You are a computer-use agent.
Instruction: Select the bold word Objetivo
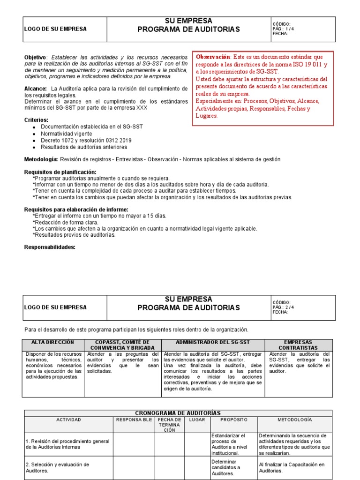pyautogui.click(x=35, y=57)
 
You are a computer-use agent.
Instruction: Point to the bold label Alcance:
pyautogui.click(x=36, y=89)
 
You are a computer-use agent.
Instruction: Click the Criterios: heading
pyautogui.click(x=36, y=120)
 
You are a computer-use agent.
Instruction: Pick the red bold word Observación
pyautogui.click(x=213, y=57)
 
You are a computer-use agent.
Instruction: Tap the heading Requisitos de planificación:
pyautogui.click(x=60, y=172)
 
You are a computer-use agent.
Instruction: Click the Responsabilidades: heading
pyautogui.click(x=50, y=247)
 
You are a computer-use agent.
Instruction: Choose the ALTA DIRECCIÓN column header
pyautogui.click(x=52, y=342)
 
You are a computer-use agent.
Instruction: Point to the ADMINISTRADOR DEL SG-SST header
pyautogui.click(x=213, y=342)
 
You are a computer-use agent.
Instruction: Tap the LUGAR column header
pyautogui.click(x=197, y=420)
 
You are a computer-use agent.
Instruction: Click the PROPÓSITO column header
pyautogui.click(x=233, y=420)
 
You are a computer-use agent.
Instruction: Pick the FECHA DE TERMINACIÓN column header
pyautogui.click(x=169, y=425)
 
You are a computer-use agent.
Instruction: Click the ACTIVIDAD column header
pyautogui.click(x=68, y=420)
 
